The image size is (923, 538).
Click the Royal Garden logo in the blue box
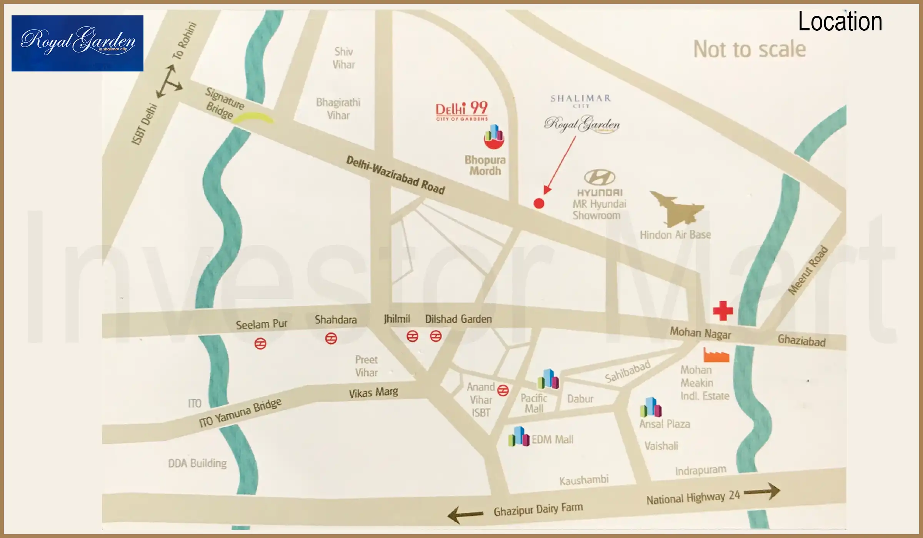[77, 43]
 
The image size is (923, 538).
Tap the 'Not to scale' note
[749, 49]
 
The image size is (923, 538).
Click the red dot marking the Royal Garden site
[539, 203]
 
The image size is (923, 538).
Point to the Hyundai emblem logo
[600, 177]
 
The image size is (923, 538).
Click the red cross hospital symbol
[723, 311]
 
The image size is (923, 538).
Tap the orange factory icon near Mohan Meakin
[716, 355]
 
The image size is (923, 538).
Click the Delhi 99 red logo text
[461, 110]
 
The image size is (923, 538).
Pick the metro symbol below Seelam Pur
[260, 343]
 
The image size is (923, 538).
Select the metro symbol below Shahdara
[331, 338]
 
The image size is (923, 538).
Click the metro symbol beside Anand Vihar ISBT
[503, 390]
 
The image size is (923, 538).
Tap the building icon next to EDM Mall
[518, 437]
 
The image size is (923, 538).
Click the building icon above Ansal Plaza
[651, 407]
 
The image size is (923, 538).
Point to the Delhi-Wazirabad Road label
[395, 175]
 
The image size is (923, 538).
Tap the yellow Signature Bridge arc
[253, 118]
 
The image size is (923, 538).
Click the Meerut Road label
[807, 270]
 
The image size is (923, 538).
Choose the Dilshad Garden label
[458, 319]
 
